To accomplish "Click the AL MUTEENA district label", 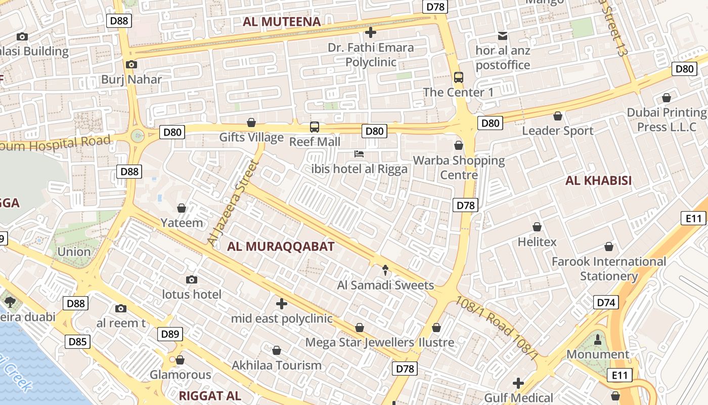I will [x=282, y=22].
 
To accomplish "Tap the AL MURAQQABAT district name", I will [x=281, y=247].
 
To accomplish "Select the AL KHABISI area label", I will [x=598, y=181].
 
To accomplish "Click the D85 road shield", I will [x=77, y=342].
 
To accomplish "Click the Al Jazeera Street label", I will [x=233, y=204].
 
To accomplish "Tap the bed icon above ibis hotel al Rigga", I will [x=359, y=153].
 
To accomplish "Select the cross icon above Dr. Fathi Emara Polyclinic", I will [x=370, y=33].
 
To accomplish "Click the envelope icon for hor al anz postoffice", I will [x=503, y=35].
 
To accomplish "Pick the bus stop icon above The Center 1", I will [x=458, y=77].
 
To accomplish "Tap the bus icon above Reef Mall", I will [x=315, y=127].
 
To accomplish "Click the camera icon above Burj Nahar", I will [x=131, y=64].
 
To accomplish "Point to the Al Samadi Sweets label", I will [x=385, y=285].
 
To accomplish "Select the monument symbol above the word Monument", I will [x=597, y=339].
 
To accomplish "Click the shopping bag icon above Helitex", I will [x=537, y=227].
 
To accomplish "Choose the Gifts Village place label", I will [x=251, y=138].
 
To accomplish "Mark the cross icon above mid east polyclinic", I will [x=282, y=304].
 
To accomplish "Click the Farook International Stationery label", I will [x=609, y=269].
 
